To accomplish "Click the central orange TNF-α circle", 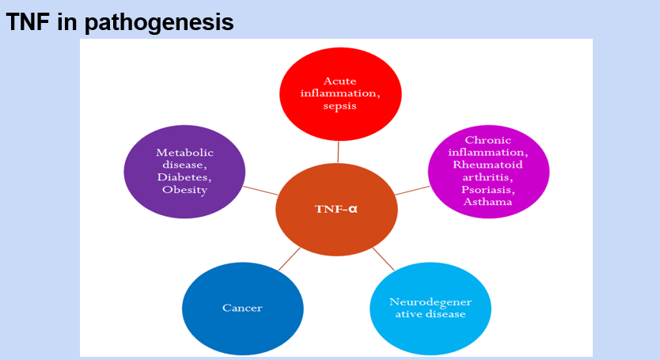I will coord(336,210).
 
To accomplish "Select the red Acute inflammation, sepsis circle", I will coord(340,93).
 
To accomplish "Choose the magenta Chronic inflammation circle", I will coord(488,170).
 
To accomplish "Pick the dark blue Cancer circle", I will coord(243,307).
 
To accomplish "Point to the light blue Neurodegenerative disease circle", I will coord(431,307).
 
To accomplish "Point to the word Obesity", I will coord(185,189).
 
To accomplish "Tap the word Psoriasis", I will coord(488,190).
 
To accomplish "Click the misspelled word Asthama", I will coord(488,202).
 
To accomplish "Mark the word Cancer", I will coord(243,308).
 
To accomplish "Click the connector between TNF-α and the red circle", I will coord(339,152).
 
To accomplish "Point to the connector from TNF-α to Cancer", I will coord(289,260).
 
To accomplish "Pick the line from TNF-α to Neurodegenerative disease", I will coord(383,260).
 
